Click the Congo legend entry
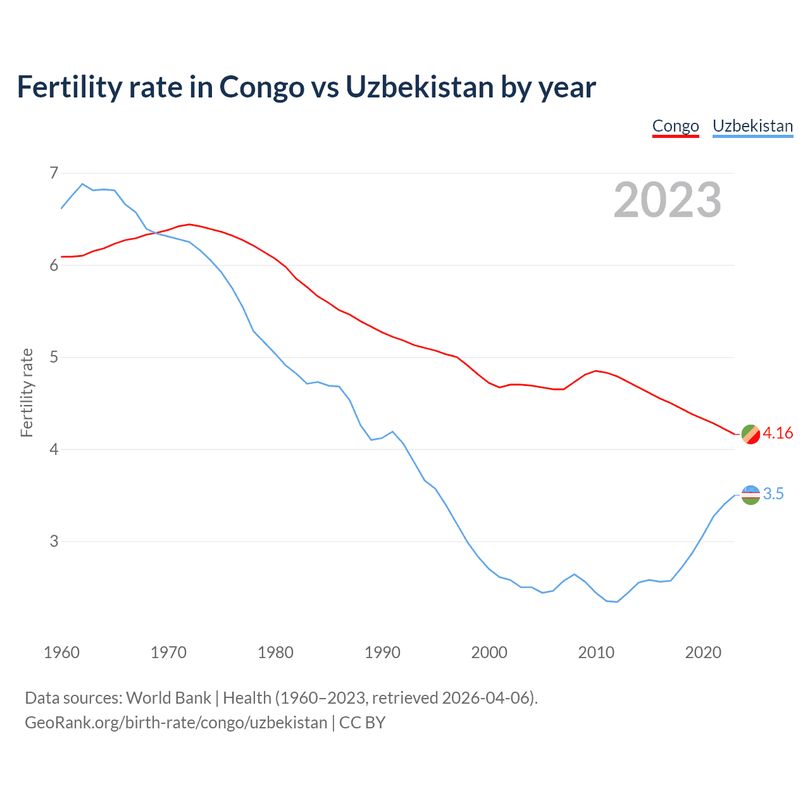675,126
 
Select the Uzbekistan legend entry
752,126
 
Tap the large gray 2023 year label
668,200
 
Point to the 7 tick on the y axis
53,173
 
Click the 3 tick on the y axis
53,542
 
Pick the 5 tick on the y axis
53,358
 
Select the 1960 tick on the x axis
61,652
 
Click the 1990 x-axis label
382,652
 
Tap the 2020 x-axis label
703,652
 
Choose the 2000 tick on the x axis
489,652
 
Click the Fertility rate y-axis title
27,392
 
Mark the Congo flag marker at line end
751,434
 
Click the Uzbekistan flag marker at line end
751,495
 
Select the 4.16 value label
778,433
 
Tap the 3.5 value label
773,494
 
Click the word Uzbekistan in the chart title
419,87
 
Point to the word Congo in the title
261,87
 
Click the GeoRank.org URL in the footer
176,723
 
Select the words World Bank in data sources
168,698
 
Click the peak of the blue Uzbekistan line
82,184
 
